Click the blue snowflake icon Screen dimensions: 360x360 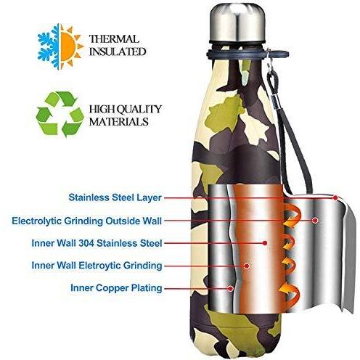49,46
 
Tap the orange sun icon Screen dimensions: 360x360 71,46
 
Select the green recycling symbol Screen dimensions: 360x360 60,114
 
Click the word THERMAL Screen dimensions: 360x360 114,39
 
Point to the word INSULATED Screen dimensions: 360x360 118,52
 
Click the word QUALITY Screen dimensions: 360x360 139,109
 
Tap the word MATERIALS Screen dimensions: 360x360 119,121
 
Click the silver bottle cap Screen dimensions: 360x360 237,22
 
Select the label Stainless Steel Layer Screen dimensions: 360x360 115,197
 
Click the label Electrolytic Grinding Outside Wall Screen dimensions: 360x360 87,221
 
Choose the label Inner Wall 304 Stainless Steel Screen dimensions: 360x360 97,243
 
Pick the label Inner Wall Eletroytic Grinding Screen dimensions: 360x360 97,266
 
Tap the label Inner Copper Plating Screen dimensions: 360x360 116,288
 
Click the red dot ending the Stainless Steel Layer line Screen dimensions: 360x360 335,198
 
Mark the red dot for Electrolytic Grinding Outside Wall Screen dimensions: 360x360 315,220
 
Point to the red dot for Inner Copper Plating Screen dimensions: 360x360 231,288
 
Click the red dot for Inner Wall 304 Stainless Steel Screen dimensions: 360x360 265,243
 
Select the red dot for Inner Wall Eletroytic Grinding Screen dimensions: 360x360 246,266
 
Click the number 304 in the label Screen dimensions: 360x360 86,243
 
